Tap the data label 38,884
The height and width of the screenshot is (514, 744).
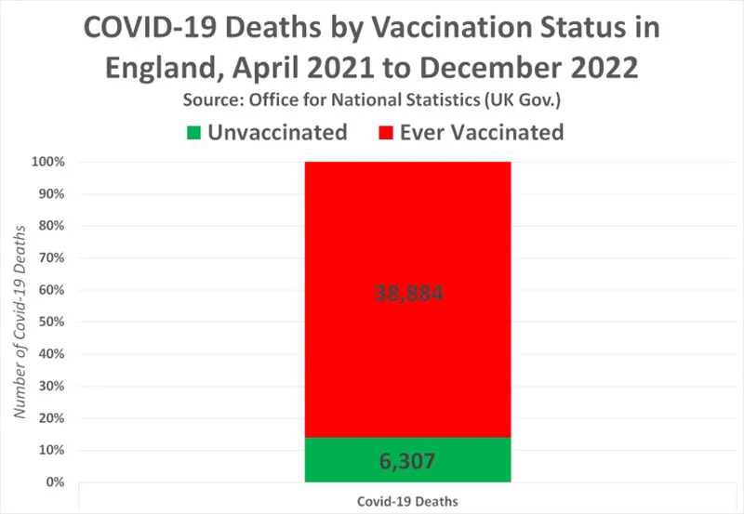(x=407, y=295)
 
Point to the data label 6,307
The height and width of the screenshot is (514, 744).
(x=407, y=461)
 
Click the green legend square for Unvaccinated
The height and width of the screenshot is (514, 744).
(x=193, y=133)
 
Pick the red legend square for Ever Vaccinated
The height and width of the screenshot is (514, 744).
(x=384, y=133)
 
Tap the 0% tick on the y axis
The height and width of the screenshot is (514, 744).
(x=56, y=482)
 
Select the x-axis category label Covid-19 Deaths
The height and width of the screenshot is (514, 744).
(x=407, y=500)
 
